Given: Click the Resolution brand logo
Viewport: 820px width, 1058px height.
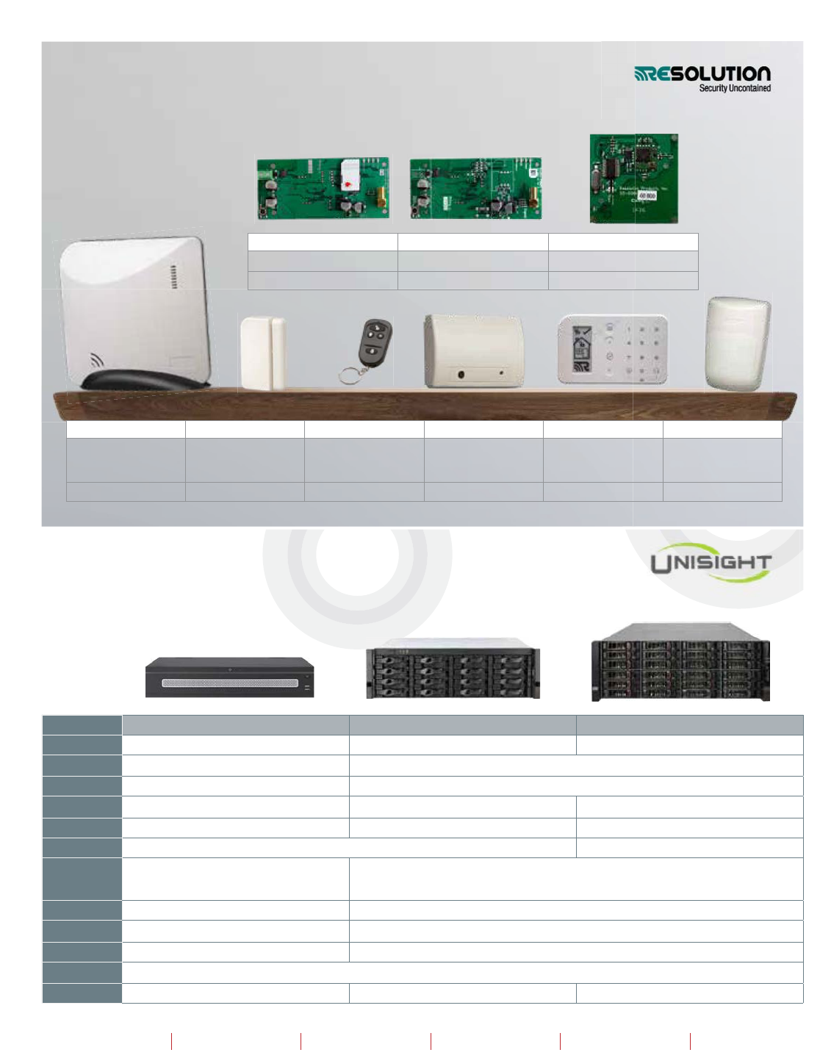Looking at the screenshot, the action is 702,74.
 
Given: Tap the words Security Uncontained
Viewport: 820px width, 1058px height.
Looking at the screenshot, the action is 735,88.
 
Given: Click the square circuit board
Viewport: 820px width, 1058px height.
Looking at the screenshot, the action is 633,179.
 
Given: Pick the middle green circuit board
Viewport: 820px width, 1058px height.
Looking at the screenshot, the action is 475,188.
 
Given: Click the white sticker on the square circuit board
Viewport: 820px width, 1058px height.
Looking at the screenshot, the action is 647,196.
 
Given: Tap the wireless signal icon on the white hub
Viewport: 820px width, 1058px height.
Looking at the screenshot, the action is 96,360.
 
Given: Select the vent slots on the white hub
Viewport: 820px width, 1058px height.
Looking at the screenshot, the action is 173,278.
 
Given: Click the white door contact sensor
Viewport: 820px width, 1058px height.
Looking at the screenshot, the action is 262,352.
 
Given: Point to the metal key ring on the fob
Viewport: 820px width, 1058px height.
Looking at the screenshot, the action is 349,375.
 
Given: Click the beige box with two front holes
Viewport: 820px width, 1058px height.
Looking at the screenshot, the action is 473,351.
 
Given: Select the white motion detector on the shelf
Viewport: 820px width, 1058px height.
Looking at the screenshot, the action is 738,342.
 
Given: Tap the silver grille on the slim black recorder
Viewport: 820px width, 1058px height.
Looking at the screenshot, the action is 229,683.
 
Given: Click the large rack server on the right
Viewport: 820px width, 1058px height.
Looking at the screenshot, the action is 680,662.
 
